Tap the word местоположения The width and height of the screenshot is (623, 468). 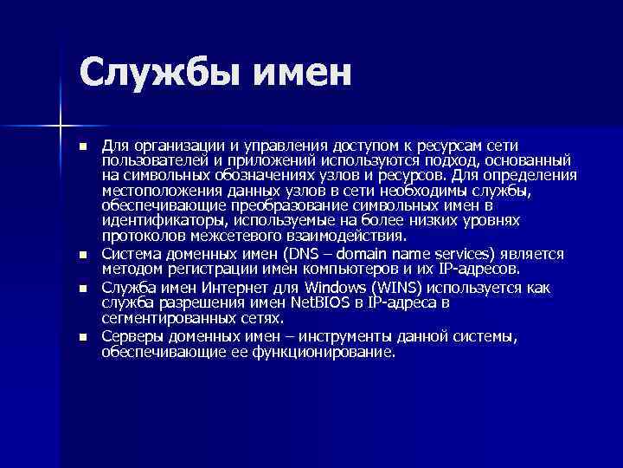157,190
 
